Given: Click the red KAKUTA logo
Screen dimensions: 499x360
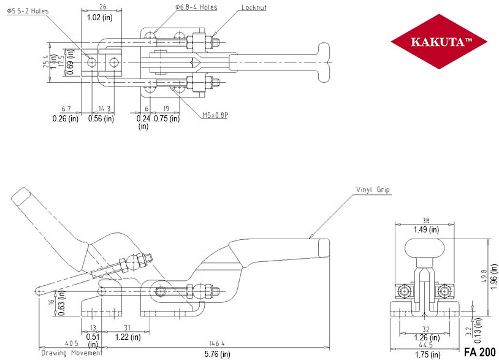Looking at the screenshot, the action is pyautogui.click(x=439, y=41).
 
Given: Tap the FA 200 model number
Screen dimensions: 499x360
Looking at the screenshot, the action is pyautogui.click(x=479, y=352).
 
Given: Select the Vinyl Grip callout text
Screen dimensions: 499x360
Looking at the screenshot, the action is pyautogui.click(x=373, y=190).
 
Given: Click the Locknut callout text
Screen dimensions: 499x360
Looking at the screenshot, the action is pyautogui.click(x=254, y=7).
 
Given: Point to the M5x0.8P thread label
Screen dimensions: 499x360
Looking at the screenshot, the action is pyautogui.click(x=215, y=115).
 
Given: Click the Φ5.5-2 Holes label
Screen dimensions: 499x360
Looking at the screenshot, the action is pyautogui.click(x=28, y=11).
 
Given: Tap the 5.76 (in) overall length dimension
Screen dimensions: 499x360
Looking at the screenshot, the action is pyautogui.click(x=217, y=354).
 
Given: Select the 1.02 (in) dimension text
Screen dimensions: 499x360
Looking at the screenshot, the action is pyautogui.click(x=99, y=17).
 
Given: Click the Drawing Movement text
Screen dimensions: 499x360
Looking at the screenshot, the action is pyautogui.click(x=72, y=353).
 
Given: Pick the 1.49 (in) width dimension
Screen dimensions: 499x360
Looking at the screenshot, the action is pyautogui.click(x=426, y=229).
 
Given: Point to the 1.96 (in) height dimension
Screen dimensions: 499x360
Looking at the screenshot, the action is pyautogui.click(x=493, y=277).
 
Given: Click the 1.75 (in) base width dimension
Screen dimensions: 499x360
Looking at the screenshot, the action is pyautogui.click(x=428, y=354).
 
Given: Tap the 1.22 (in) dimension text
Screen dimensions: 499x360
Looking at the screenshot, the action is pyautogui.click(x=128, y=337).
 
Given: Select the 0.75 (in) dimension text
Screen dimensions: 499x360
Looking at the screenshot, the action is pyautogui.click(x=167, y=118).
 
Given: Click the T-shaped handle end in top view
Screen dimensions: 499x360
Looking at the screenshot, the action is pyautogui.click(x=324, y=63).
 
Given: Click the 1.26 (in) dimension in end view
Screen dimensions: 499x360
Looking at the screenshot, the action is pyautogui.click(x=427, y=337).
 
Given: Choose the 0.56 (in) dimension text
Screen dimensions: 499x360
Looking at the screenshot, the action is pyautogui.click(x=101, y=118).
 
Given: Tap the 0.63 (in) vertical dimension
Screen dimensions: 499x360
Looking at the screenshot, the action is pyautogui.click(x=62, y=303).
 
